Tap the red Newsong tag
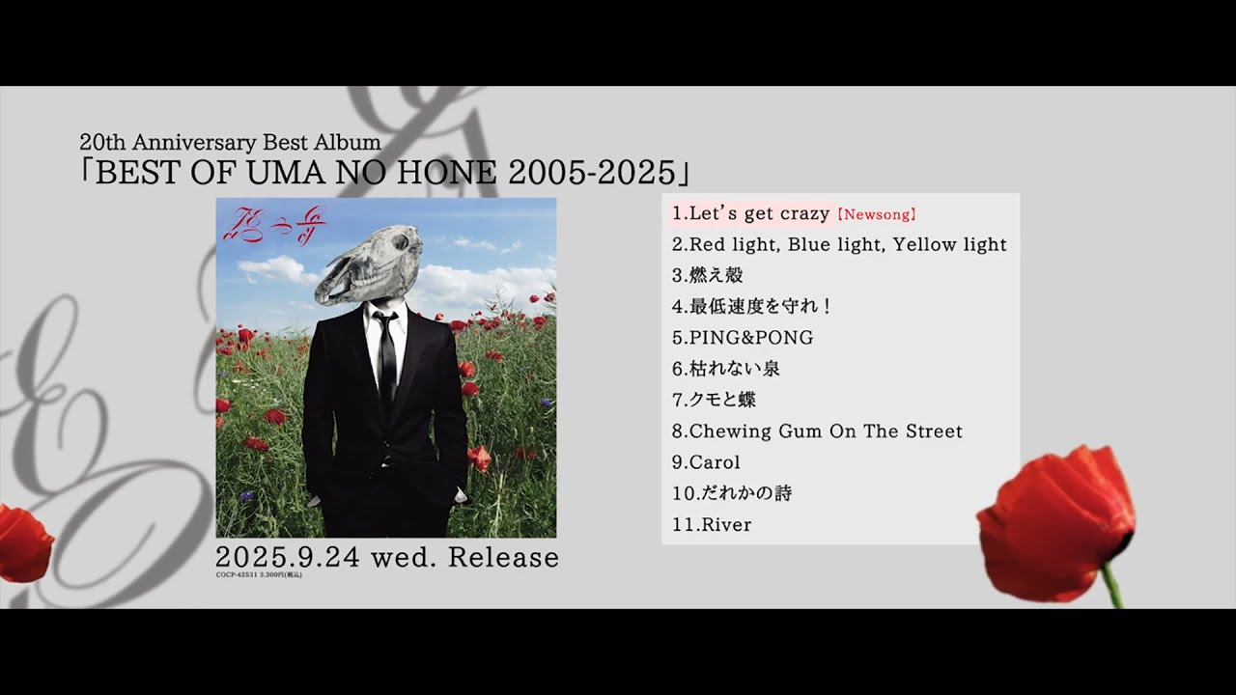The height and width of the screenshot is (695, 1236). coord(876,214)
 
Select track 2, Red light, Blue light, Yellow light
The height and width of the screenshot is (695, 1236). coord(839,245)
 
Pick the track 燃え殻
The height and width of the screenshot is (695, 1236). coord(708,275)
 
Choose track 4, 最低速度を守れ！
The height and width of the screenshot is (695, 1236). coord(752,306)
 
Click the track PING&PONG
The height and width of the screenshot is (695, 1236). coord(743,338)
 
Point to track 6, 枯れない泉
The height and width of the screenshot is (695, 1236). coord(726,369)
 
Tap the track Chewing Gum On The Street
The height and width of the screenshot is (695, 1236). coord(817,431)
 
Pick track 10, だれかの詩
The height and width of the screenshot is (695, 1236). coord(732,493)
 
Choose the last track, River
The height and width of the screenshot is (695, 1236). coord(712,525)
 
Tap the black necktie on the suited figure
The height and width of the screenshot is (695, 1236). coord(387,362)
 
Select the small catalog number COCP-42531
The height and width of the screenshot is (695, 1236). coord(238,575)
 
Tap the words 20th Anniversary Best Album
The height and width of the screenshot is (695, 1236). coord(230,143)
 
